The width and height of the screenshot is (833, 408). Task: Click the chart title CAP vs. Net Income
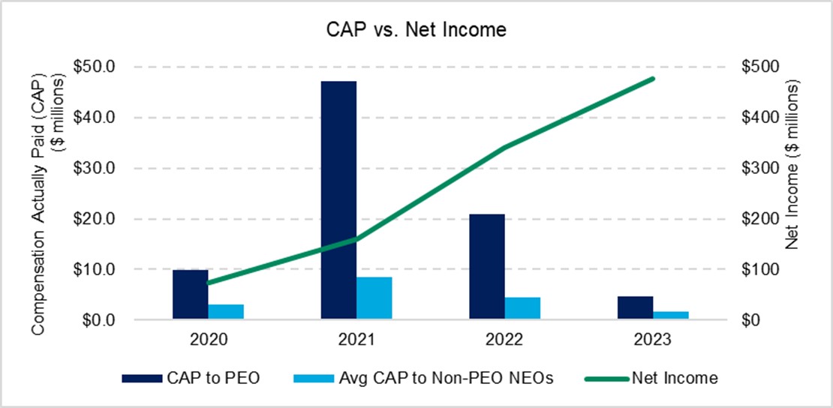tap(416, 31)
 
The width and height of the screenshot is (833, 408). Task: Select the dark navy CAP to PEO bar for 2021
tap(338, 200)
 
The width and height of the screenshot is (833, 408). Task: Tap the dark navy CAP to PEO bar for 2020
tap(190, 295)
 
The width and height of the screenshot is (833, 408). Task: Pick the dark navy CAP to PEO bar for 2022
tap(487, 267)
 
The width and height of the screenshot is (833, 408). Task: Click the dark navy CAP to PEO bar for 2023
tap(635, 308)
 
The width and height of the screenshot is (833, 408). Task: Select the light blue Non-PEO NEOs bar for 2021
tap(374, 298)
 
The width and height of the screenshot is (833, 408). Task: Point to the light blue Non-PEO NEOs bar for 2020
tap(226, 312)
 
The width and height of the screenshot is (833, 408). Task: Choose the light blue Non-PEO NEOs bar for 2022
tap(522, 308)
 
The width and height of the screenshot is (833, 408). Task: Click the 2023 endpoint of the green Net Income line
tap(653, 79)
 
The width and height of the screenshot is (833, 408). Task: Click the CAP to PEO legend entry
tap(191, 378)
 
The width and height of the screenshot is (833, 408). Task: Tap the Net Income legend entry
tap(653, 378)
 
